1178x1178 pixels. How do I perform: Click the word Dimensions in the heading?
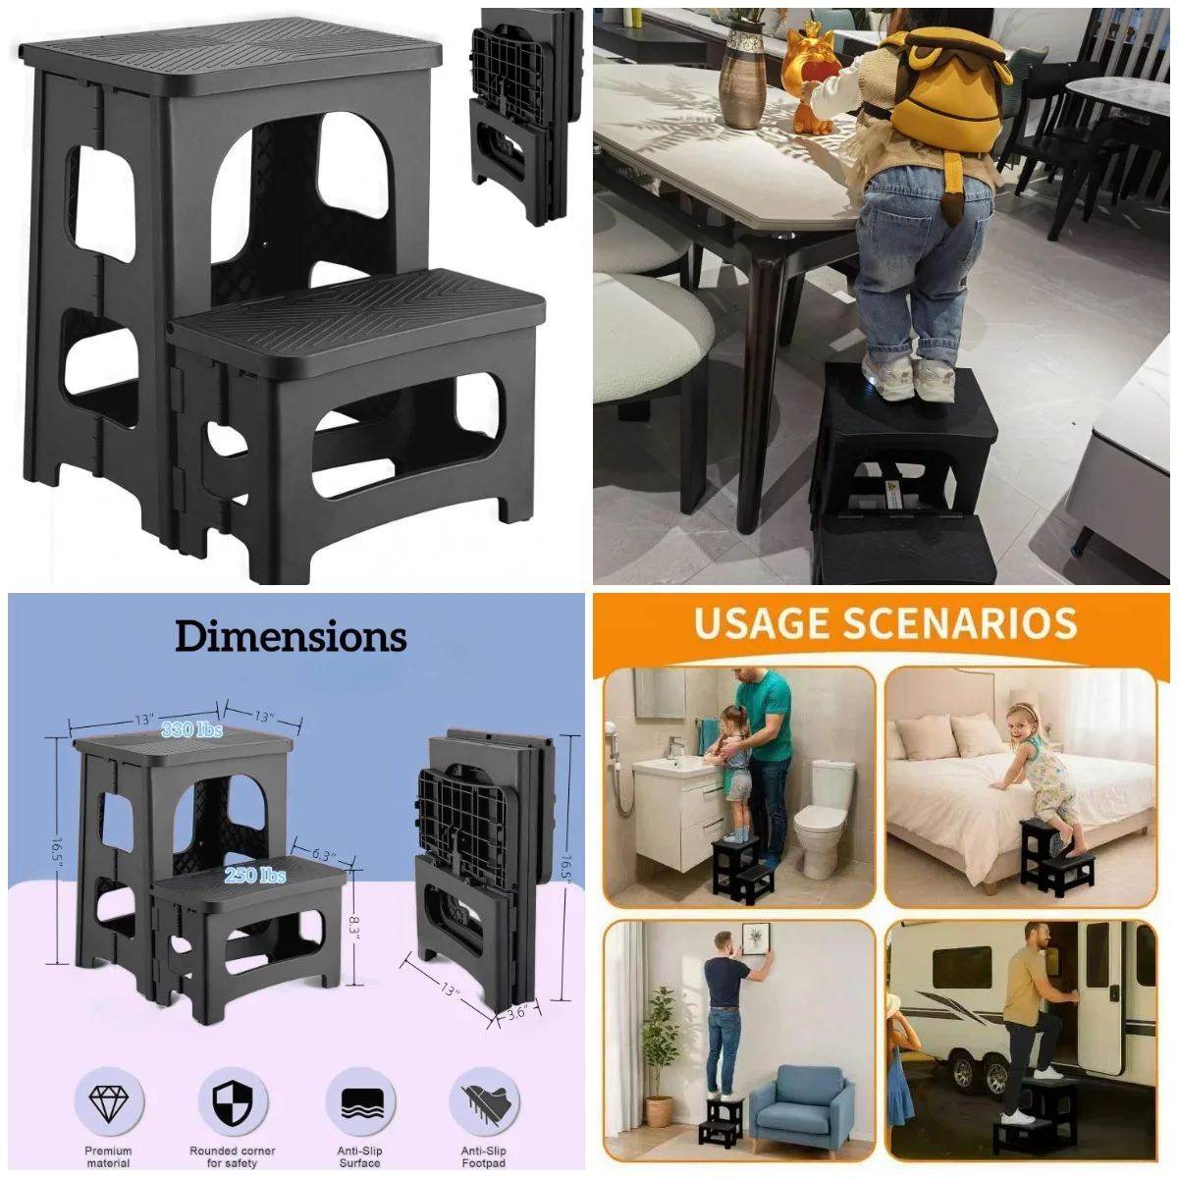[x=291, y=637]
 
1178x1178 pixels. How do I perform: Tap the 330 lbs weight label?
[x=191, y=729]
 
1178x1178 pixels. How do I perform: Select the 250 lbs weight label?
[x=255, y=875]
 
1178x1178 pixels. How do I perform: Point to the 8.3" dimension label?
[x=354, y=923]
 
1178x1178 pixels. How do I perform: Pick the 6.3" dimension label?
[x=324, y=854]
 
